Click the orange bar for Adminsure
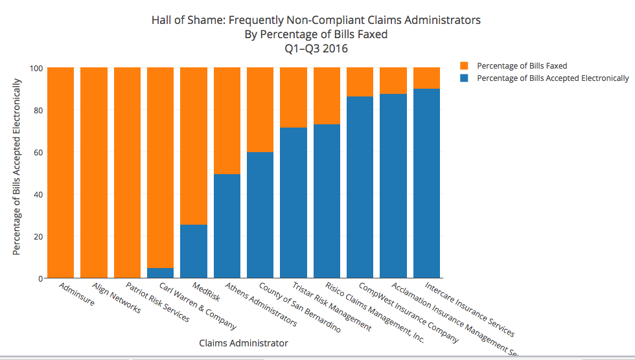(61, 172)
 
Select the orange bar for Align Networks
(94, 172)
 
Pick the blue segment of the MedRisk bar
(194, 251)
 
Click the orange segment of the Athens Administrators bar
(227, 120)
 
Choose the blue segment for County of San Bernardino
(260, 215)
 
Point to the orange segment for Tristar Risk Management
(294, 97)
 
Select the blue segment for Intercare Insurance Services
(426, 183)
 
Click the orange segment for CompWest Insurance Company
(360, 82)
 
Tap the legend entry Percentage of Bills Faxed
(522, 66)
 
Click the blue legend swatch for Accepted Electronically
(464, 78)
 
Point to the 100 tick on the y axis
(36, 68)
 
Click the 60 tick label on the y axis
(39, 152)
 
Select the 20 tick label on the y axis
(39, 236)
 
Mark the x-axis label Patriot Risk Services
(158, 302)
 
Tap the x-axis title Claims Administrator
(244, 343)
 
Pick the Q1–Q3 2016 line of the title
(316, 49)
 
